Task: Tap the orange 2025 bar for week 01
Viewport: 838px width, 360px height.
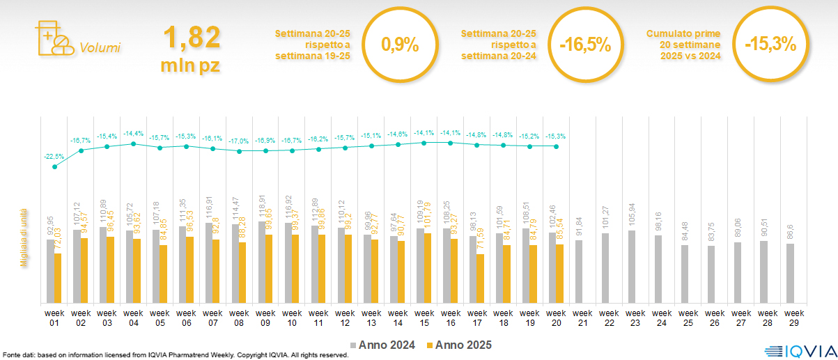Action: pos(58,278)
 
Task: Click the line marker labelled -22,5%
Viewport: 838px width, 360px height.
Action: pos(54,166)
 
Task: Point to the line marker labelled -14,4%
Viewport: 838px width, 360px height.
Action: pos(133,144)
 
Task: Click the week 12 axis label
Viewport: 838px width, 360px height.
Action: pos(345,318)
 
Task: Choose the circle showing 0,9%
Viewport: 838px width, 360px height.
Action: pos(400,45)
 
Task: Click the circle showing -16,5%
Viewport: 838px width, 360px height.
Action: pos(585,45)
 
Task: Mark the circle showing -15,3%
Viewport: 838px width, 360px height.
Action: pos(770,45)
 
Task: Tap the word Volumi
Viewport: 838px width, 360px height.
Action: pos(100,48)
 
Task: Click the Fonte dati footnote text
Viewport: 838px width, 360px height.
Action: pos(175,355)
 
